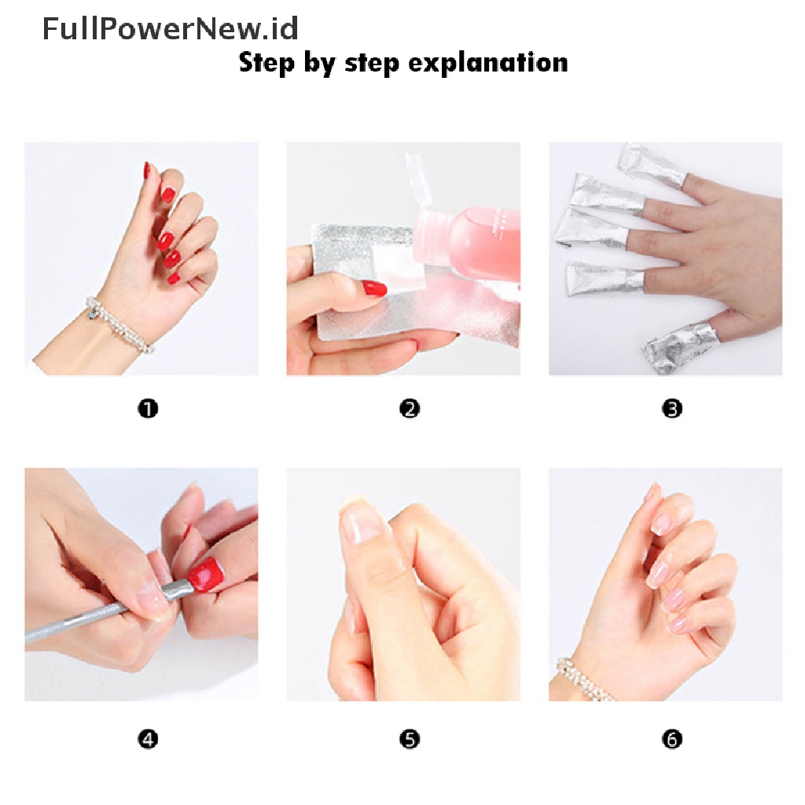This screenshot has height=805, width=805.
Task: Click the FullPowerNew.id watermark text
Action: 170,29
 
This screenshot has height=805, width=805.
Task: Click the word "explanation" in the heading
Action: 487,64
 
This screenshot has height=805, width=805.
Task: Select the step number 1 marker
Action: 148,409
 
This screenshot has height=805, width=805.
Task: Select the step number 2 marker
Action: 409,409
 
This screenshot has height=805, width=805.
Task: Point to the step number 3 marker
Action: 671,409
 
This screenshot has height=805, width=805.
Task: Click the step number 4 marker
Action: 148,739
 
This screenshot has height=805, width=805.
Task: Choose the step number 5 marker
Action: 409,739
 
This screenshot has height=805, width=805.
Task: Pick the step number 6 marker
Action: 671,739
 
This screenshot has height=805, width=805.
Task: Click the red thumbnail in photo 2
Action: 374,289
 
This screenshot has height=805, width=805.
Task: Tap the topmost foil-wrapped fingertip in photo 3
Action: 651,164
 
